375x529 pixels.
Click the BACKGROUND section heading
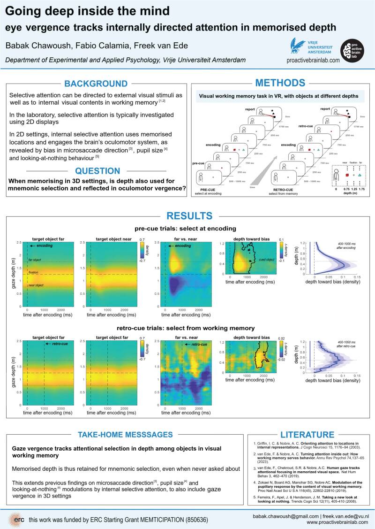96,84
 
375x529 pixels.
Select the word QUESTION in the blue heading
97,171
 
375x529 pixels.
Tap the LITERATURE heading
307,434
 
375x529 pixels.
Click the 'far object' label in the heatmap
35,260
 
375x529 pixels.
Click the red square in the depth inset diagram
346,175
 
